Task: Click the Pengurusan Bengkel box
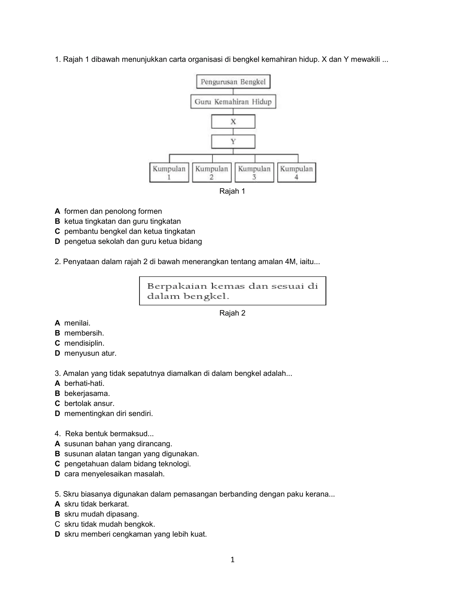233,82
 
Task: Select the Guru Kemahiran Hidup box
233,102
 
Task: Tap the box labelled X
233,122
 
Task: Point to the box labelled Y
233,142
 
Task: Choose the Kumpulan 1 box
169,173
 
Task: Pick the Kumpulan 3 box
254,173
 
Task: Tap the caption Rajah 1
232,191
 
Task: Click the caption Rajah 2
232,313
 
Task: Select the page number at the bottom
232,560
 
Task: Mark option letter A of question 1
57,211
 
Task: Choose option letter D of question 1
57,241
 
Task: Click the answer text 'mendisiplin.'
84,343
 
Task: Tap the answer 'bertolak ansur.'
89,403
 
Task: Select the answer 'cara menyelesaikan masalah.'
114,474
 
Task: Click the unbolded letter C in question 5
57,524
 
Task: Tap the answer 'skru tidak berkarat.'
96,504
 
